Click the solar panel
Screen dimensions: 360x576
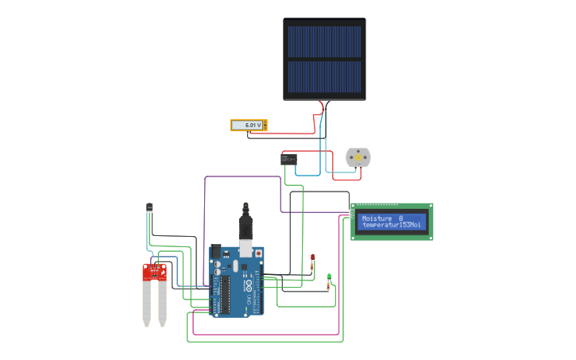tap(324, 60)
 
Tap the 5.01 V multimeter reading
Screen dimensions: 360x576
tap(249, 126)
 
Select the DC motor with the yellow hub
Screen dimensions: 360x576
tap(358, 157)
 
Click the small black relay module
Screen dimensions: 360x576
tap(289, 159)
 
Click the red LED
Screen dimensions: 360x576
tap(313, 257)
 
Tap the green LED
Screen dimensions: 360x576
tap(329, 277)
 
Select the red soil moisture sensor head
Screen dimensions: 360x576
tap(154, 272)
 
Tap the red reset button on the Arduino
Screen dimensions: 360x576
tap(257, 254)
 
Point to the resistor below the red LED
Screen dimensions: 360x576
tap(312, 269)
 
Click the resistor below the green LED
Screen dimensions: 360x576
tap(328, 287)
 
